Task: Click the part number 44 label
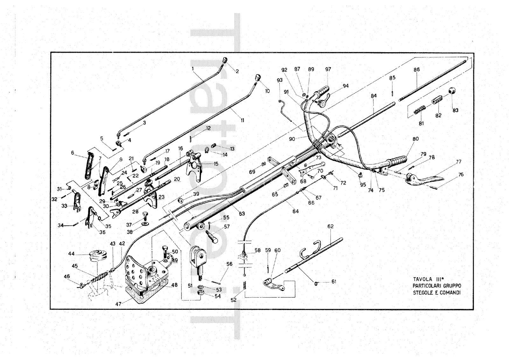pos(71,254)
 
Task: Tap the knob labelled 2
pos(225,60)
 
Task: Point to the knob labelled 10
pos(258,77)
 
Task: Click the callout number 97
pos(328,69)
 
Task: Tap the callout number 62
pos(330,227)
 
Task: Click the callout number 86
pos(416,70)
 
